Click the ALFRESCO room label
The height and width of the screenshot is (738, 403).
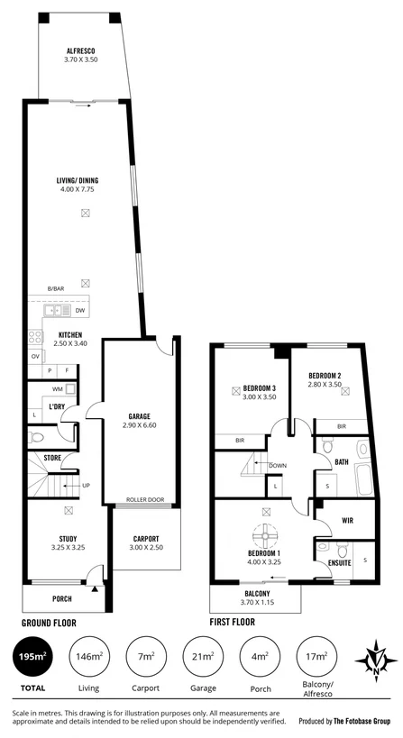click(x=80, y=50)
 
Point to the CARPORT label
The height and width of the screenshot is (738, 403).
click(x=143, y=539)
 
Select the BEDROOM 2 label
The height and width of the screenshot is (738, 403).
click(x=324, y=376)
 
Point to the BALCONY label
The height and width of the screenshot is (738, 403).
click(x=256, y=594)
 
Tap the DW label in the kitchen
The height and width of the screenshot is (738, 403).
click(x=80, y=310)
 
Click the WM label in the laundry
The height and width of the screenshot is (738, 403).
click(x=57, y=388)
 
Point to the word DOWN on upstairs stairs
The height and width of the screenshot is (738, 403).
click(x=278, y=466)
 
